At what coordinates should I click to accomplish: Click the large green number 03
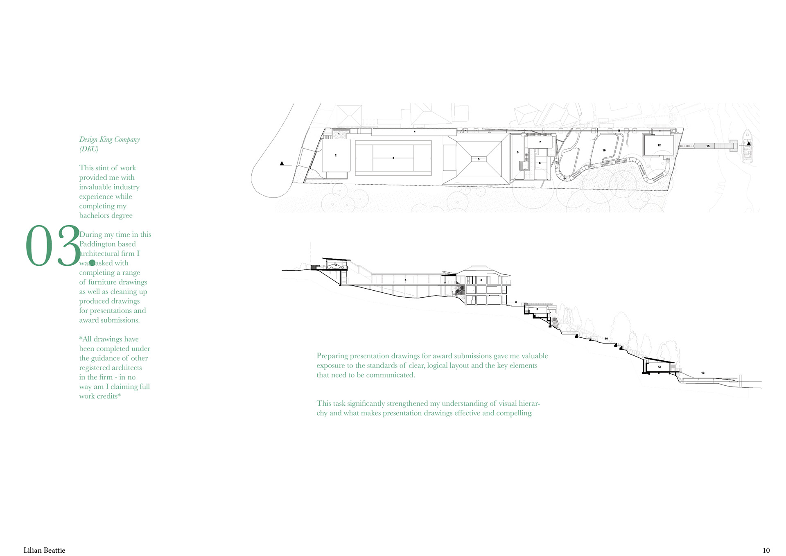tap(52, 246)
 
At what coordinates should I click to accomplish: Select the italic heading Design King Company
tap(109, 140)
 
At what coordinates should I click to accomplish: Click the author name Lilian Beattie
tap(44, 550)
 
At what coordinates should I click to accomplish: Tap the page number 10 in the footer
tap(766, 550)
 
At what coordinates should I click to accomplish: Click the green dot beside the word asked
tap(92, 263)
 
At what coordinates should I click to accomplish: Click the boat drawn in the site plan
tap(748, 147)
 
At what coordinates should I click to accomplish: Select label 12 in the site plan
tap(659, 145)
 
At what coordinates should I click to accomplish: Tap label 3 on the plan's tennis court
tap(393, 158)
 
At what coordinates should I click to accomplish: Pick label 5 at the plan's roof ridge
tap(479, 159)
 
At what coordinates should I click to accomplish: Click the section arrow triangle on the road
tap(282, 164)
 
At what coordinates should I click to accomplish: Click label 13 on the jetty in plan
tap(708, 146)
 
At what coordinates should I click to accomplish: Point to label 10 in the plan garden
tap(604, 150)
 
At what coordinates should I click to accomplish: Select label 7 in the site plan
tap(540, 142)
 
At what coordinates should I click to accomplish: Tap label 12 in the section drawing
tap(659, 367)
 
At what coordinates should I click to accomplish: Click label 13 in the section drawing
tap(703, 373)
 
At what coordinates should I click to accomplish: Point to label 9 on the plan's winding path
tap(565, 179)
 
